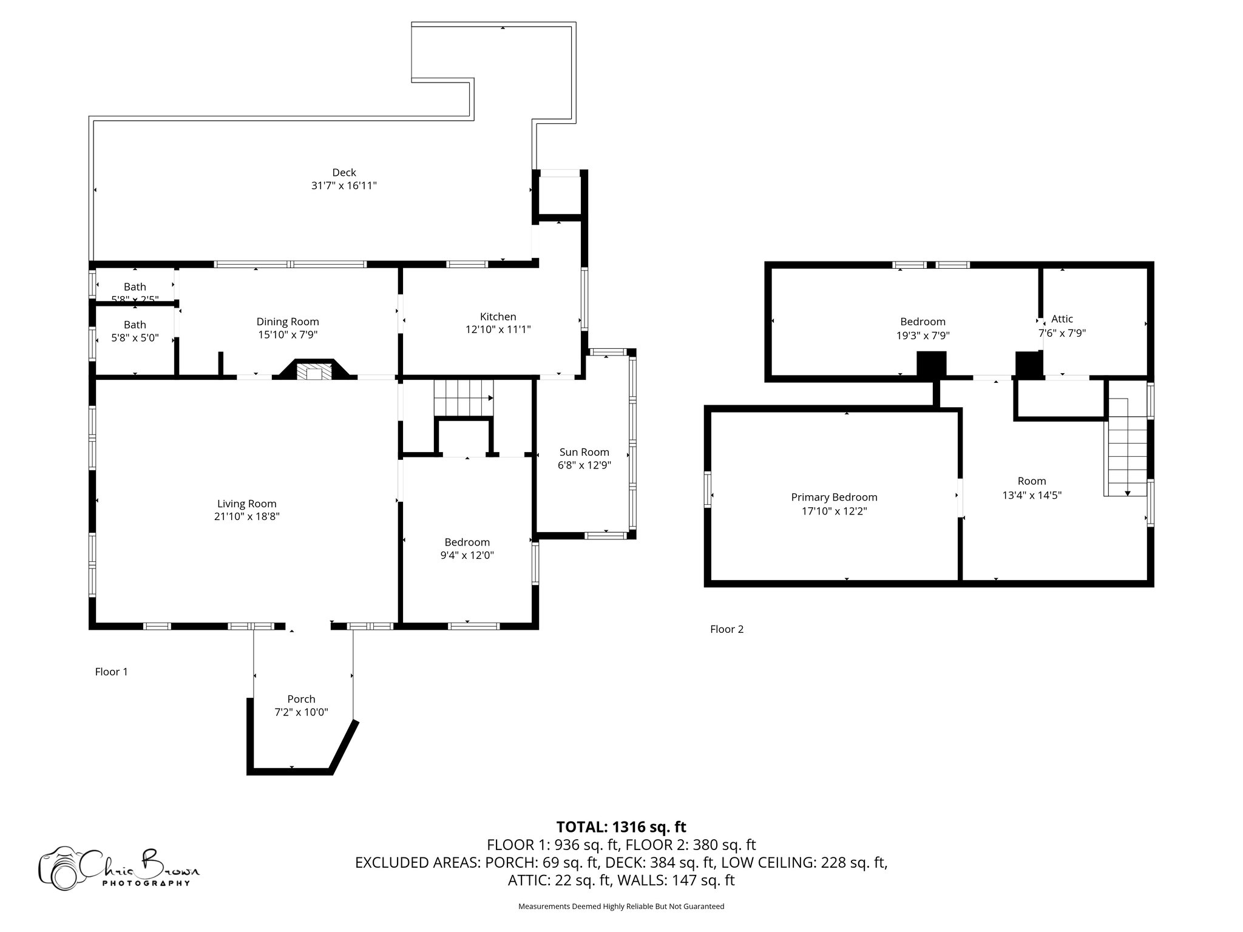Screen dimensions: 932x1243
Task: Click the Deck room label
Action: pos(344,173)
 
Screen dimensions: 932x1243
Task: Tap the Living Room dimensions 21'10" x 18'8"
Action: pos(247,517)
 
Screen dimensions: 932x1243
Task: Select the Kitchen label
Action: pos(498,317)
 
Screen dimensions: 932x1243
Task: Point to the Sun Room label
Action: pos(584,452)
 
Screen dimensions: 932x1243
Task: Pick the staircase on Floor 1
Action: pos(463,398)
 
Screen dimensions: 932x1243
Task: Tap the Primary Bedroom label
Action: pos(834,498)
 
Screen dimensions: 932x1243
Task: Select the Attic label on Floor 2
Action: pos(1062,319)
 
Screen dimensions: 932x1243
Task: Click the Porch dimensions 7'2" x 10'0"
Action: pos(301,712)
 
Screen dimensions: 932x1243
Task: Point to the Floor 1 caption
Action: pos(112,672)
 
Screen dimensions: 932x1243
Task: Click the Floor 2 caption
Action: pos(726,629)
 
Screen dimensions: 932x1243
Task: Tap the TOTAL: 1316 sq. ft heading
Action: pos(621,827)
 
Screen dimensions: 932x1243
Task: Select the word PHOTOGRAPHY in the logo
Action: pos(146,883)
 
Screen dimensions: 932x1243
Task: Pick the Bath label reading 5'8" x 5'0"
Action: pos(135,338)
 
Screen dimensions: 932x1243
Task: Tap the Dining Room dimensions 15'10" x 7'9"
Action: pos(287,335)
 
